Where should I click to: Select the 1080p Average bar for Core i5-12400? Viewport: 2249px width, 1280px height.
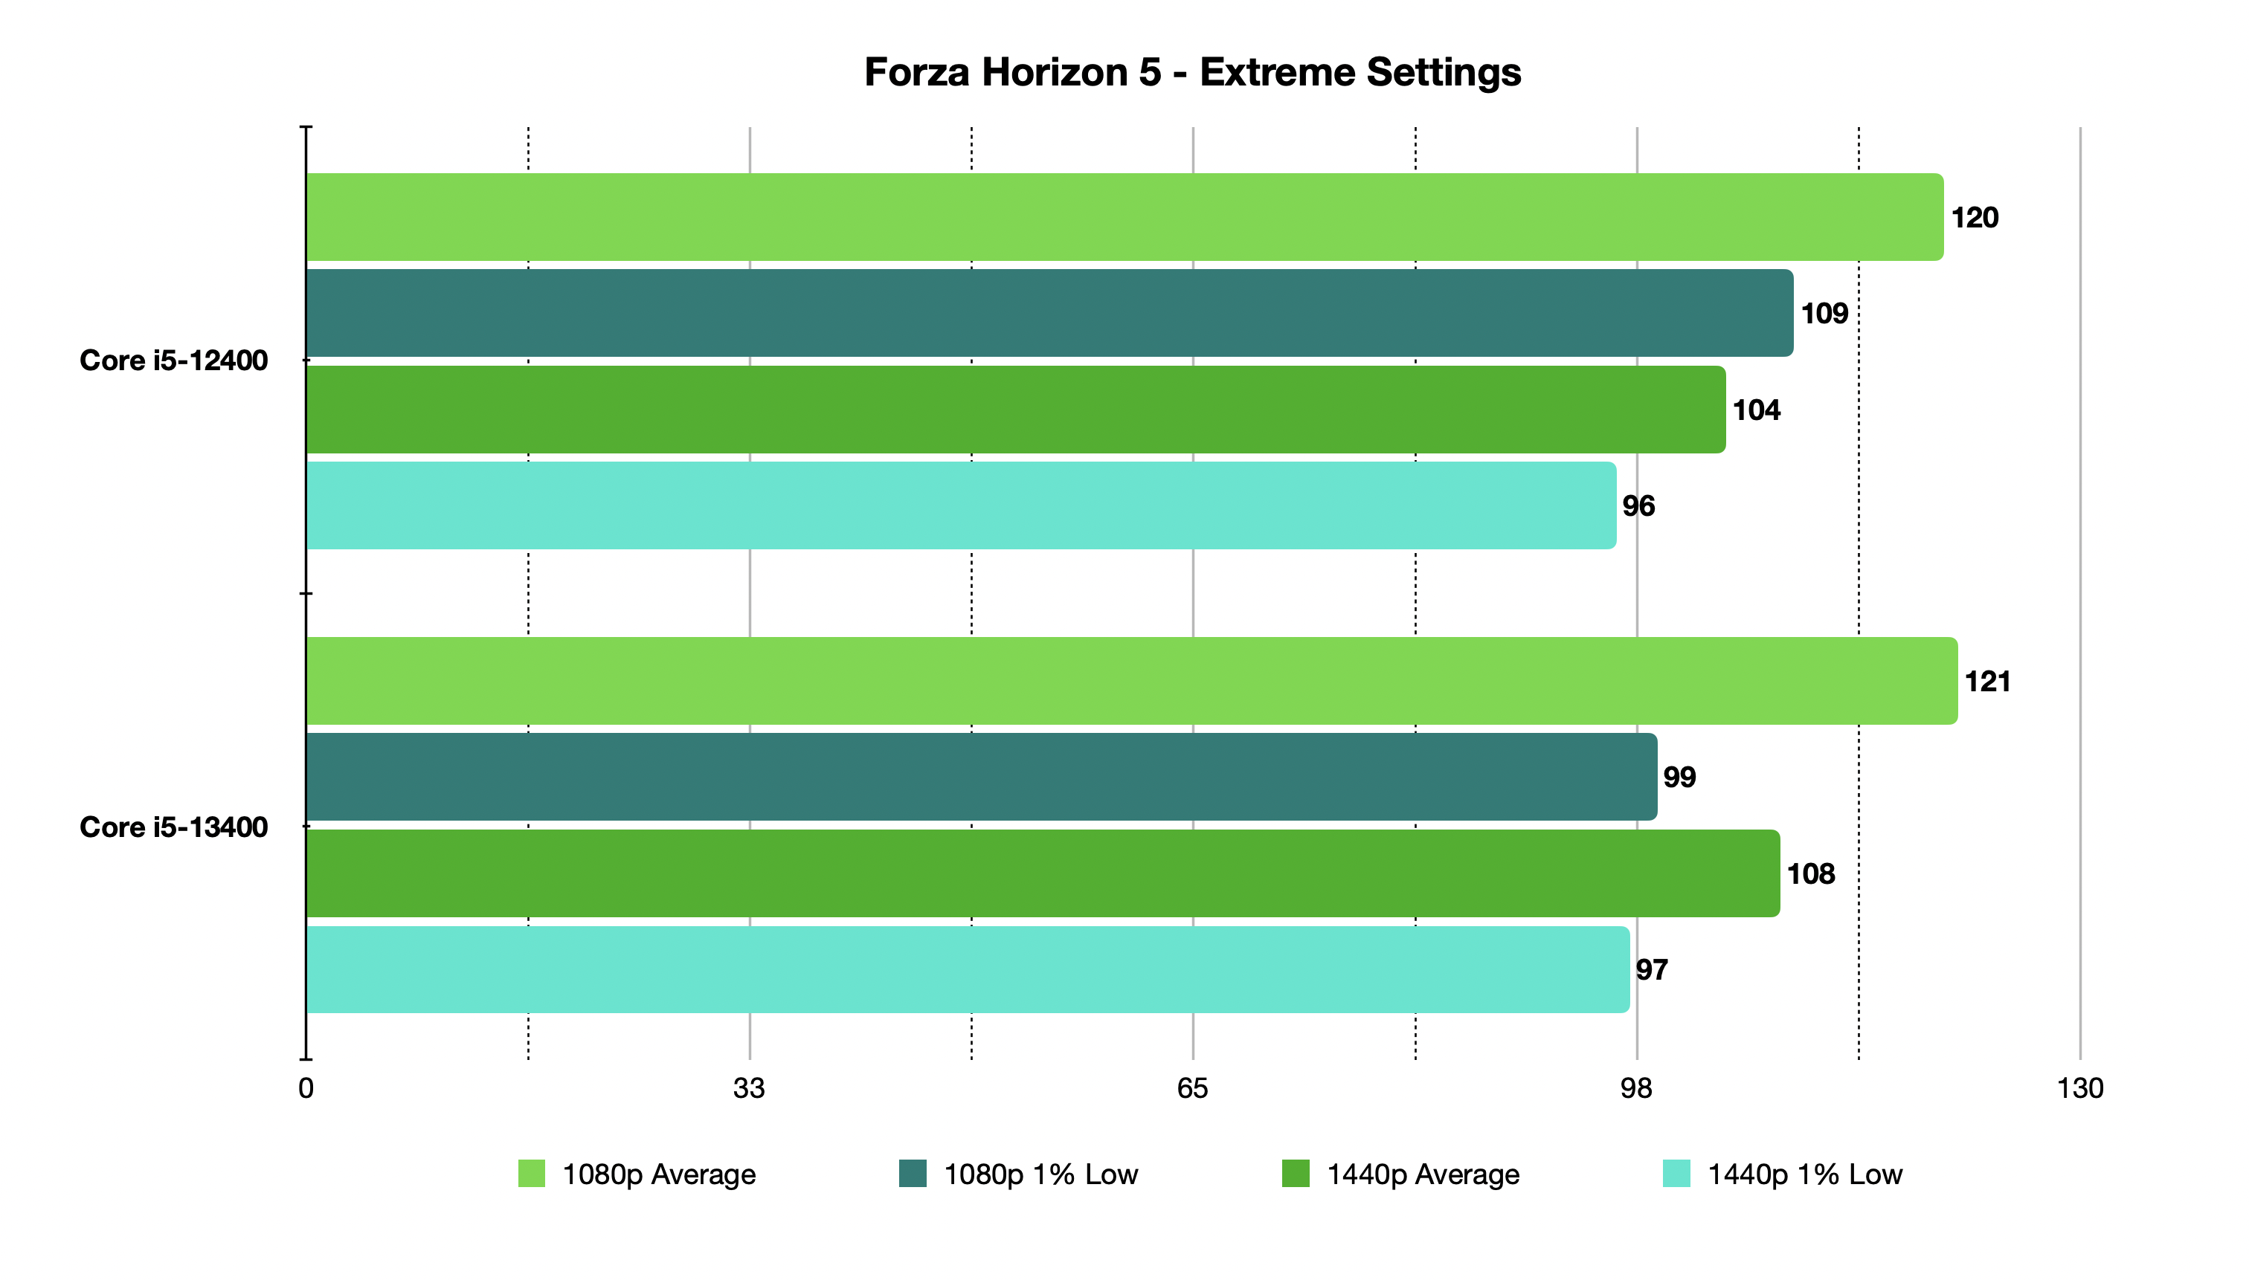click(x=1123, y=217)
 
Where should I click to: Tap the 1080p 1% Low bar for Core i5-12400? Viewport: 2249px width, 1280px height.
click(x=1049, y=313)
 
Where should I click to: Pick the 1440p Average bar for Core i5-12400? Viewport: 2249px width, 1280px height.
click(x=1015, y=410)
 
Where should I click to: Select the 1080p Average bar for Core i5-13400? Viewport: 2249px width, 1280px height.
click(x=1131, y=682)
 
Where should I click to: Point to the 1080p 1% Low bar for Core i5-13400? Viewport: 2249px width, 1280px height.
click(x=981, y=778)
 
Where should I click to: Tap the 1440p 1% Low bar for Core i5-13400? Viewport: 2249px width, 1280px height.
click(x=968, y=970)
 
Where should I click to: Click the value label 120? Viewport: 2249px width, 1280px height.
click(x=1974, y=218)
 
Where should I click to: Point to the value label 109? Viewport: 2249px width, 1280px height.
click(x=1824, y=314)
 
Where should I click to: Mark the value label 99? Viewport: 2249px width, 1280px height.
click(x=1678, y=778)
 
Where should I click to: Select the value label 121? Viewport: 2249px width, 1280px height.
click(x=1987, y=682)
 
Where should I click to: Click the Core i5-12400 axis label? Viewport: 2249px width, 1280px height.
click(x=173, y=361)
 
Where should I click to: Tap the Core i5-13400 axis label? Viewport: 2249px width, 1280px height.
click(x=173, y=827)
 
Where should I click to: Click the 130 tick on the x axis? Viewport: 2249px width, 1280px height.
click(x=2079, y=1088)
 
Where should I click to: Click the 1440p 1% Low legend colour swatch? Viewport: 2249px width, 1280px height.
click(x=1676, y=1174)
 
